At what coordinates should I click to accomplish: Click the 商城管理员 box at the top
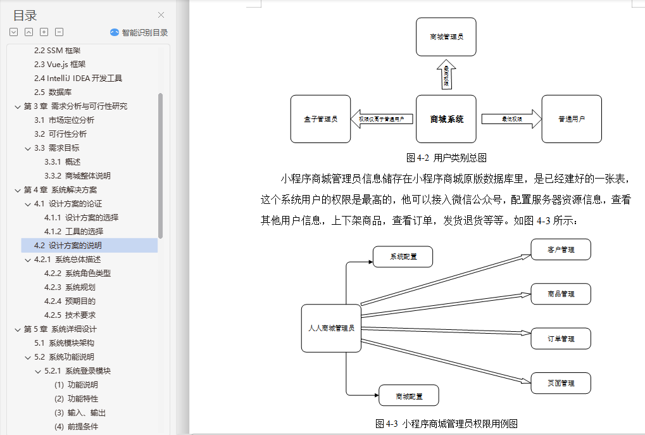(446, 37)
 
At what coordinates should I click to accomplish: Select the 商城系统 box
(446, 118)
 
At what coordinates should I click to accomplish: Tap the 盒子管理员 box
(320, 118)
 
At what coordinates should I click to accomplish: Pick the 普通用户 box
(572, 118)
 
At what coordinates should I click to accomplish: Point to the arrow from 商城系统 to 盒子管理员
(382, 118)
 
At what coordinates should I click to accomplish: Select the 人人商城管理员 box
(331, 328)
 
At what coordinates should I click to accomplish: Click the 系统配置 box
(403, 256)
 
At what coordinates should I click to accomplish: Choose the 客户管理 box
(561, 249)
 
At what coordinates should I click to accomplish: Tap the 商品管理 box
(561, 294)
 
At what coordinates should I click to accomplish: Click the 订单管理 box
(561, 339)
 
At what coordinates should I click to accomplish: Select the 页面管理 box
(561, 383)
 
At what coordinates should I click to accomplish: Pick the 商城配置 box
(409, 396)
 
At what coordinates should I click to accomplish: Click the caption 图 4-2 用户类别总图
(446, 158)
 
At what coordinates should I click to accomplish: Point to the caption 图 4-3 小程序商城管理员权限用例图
(446, 424)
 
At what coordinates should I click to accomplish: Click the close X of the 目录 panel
(161, 15)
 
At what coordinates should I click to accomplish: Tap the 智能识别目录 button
(139, 32)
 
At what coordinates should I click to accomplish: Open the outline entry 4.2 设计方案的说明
(68, 246)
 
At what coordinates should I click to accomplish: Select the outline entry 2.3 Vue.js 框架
(59, 65)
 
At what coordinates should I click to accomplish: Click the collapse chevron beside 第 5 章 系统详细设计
(17, 329)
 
